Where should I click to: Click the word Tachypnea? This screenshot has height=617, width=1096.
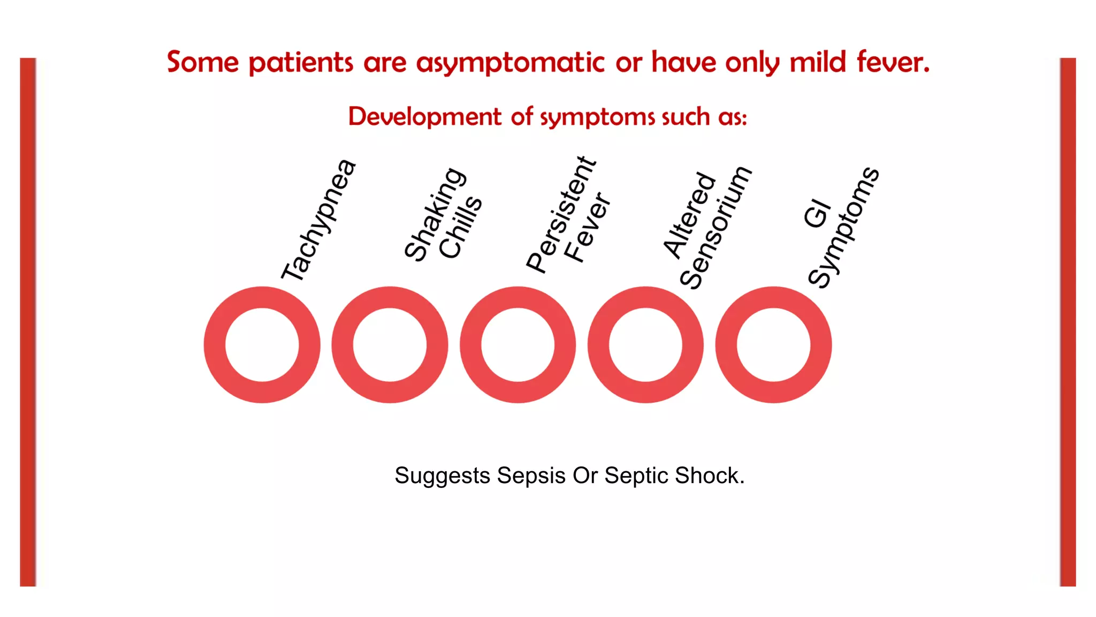pyautogui.click(x=319, y=220)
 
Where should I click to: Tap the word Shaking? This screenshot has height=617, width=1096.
pyautogui.click(x=434, y=214)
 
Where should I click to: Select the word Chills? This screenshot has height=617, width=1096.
pyautogui.click(x=460, y=228)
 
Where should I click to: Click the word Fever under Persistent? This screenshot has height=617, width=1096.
pyautogui.click(x=587, y=228)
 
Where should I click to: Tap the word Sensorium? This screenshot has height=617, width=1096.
pyautogui.click(x=716, y=228)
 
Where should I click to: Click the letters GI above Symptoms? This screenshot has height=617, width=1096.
pyautogui.click(x=817, y=214)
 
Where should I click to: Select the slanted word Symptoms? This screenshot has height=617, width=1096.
pyautogui.click(x=843, y=228)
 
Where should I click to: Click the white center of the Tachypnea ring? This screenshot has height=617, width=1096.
pyautogui.click(x=262, y=345)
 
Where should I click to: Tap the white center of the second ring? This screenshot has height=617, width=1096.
pyautogui.click(x=390, y=345)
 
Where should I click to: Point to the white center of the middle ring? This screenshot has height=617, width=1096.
pyautogui.click(x=517, y=345)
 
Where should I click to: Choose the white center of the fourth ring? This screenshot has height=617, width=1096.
pyautogui.click(x=645, y=345)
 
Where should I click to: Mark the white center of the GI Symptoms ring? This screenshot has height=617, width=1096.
pyautogui.click(x=773, y=345)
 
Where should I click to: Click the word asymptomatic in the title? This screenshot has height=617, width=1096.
pyautogui.click(x=510, y=63)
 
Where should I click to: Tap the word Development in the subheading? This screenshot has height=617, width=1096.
pyautogui.click(x=425, y=117)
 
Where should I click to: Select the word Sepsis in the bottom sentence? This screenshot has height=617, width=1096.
pyautogui.click(x=531, y=476)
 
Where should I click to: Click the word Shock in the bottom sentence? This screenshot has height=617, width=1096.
pyautogui.click(x=709, y=476)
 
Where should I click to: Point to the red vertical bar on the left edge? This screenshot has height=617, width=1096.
pyautogui.click(x=28, y=321)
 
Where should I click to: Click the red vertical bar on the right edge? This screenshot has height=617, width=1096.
pyautogui.click(x=1068, y=321)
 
